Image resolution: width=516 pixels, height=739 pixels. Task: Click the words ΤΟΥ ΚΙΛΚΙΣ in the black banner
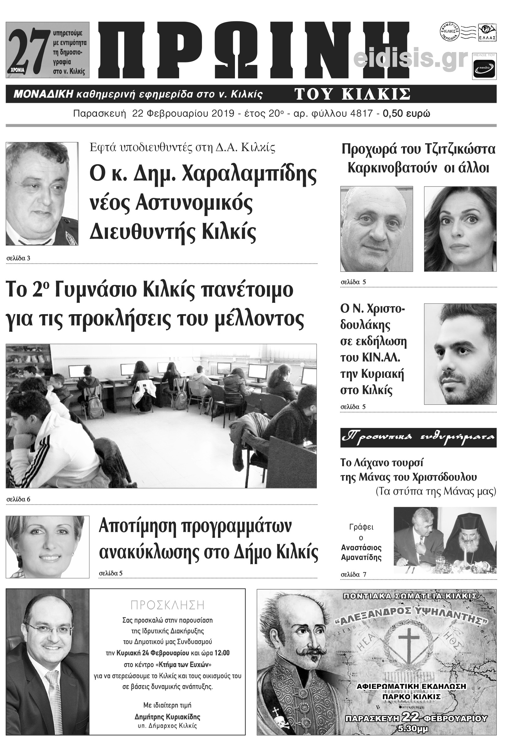coord(352,94)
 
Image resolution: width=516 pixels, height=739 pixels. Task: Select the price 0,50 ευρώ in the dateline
coord(406,113)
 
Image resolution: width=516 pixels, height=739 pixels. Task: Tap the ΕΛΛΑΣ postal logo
coord(487,33)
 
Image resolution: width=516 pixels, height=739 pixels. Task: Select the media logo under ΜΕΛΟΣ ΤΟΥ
coord(484,68)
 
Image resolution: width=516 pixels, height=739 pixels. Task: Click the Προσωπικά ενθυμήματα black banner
coord(418,437)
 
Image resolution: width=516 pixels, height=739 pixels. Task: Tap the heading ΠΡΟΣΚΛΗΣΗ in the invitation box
coord(167,605)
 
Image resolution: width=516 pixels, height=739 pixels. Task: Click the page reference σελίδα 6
coord(19,499)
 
